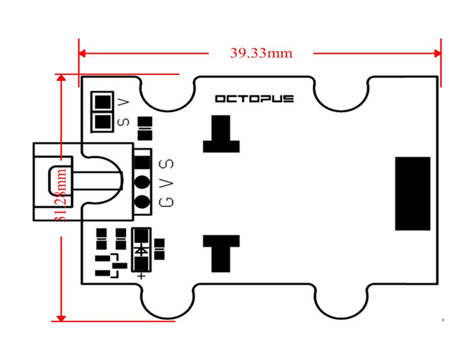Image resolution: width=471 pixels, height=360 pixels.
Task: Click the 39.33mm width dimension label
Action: click(261, 53)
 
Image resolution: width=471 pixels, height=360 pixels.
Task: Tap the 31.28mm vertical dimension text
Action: click(61, 197)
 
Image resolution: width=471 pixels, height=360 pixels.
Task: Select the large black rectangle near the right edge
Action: click(413, 194)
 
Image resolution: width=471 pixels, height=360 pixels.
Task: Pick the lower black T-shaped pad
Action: click(221, 252)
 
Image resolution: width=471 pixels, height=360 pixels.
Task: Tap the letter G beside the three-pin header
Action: click(167, 202)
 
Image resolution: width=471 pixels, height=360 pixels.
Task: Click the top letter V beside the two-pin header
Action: click(124, 102)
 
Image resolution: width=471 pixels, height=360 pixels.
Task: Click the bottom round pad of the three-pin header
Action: click(142, 202)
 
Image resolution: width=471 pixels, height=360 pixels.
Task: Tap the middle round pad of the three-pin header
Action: click(142, 182)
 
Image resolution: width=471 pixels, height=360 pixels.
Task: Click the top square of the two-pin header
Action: click(102, 102)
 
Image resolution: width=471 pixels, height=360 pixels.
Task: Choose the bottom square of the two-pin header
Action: click(102, 122)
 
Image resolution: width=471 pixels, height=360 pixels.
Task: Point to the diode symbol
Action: click(141, 249)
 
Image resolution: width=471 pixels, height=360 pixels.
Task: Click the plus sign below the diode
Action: click(141, 275)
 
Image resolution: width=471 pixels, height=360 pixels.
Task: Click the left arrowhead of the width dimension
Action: click(82, 53)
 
